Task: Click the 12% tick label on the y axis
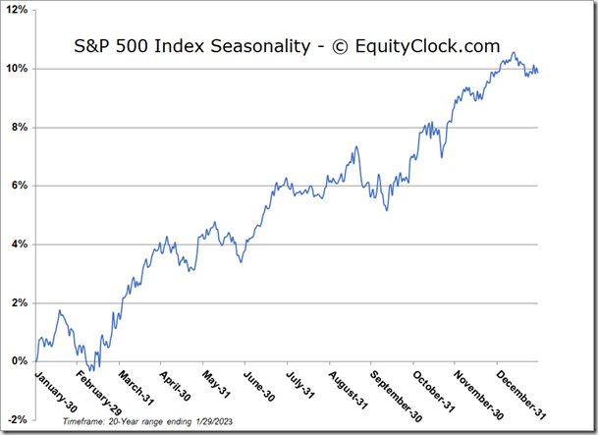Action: point(19,11)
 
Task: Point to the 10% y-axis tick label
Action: point(19,69)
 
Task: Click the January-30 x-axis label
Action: point(58,391)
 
